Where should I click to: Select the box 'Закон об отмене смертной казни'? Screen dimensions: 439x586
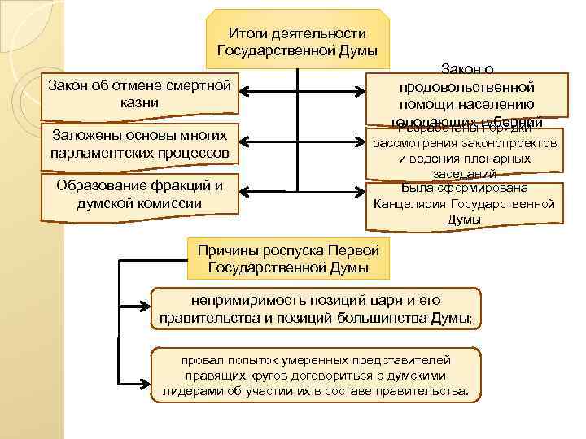[x=139, y=93]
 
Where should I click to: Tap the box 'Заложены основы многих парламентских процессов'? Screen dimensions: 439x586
[x=139, y=143]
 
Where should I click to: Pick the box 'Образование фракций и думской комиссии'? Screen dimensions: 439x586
[x=139, y=194]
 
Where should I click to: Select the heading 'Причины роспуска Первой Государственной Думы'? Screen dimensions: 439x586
[x=289, y=257]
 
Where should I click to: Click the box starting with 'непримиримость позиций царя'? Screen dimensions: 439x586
[x=317, y=308]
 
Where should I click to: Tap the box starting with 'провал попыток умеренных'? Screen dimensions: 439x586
[x=317, y=375]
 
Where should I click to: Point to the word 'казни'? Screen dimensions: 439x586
[x=139, y=102]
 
